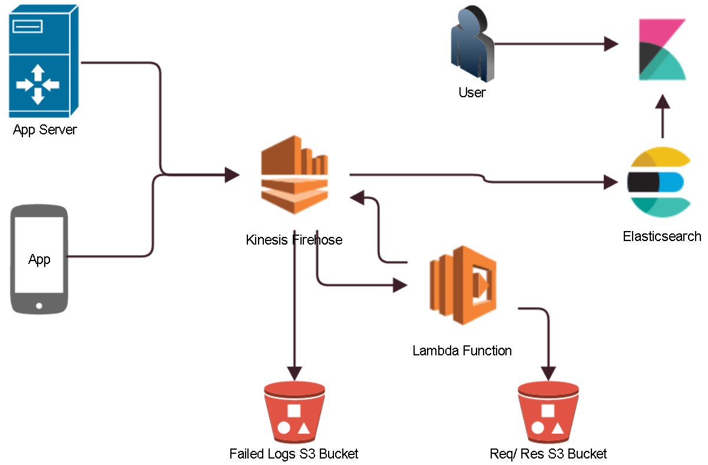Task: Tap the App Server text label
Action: (45, 130)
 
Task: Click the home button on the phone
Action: (39, 305)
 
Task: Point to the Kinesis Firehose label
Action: (294, 240)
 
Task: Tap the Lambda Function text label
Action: (462, 351)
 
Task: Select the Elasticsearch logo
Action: (658, 182)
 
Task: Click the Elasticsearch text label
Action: (661, 236)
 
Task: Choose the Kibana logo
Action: (662, 50)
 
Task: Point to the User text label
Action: (472, 93)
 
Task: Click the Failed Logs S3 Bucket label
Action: (294, 454)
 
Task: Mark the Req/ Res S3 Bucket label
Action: (548, 454)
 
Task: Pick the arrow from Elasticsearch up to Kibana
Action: (663, 115)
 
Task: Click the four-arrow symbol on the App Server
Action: (38, 85)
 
